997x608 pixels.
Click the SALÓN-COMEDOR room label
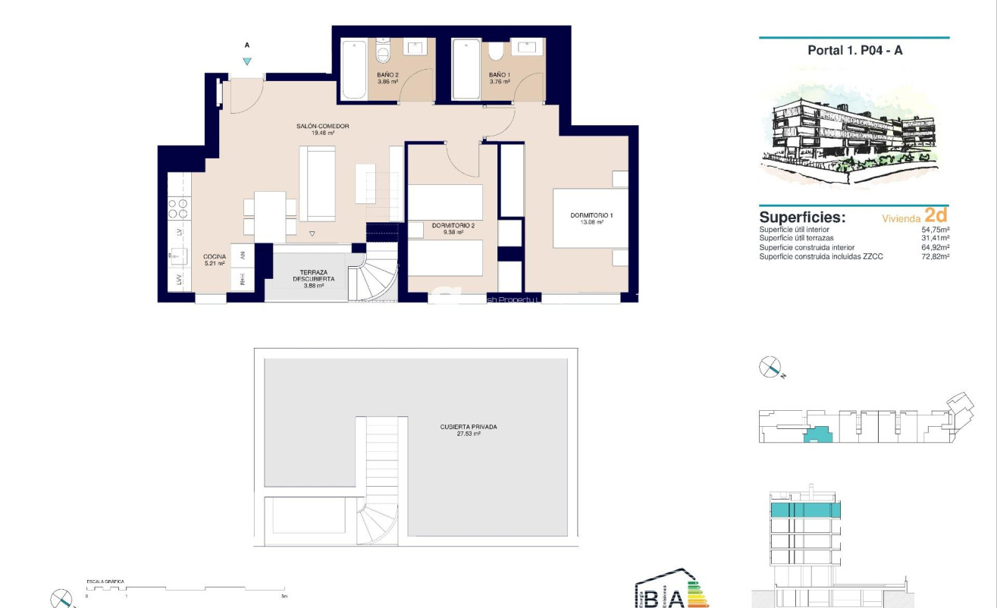pos(323,127)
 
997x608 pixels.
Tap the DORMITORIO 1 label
pos(591,215)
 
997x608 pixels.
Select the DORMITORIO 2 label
pos(453,225)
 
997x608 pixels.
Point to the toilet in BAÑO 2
pos(383,54)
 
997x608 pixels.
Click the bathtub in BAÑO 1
pos(466,70)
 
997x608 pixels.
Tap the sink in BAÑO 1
pos(528,48)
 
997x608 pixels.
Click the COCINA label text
pos(215,257)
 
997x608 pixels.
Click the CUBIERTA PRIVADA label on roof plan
pos(468,427)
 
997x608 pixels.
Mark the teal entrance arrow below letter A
pos(246,62)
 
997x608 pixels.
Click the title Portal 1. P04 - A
pos(854,51)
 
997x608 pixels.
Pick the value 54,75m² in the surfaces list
pos(936,230)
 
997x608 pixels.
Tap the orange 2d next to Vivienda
pos(936,215)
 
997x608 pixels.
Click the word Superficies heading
pos(801,218)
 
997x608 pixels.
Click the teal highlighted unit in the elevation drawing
pos(804,509)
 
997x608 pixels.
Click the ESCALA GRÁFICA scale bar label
pos(105,581)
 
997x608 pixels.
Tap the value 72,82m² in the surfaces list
pos(936,256)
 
